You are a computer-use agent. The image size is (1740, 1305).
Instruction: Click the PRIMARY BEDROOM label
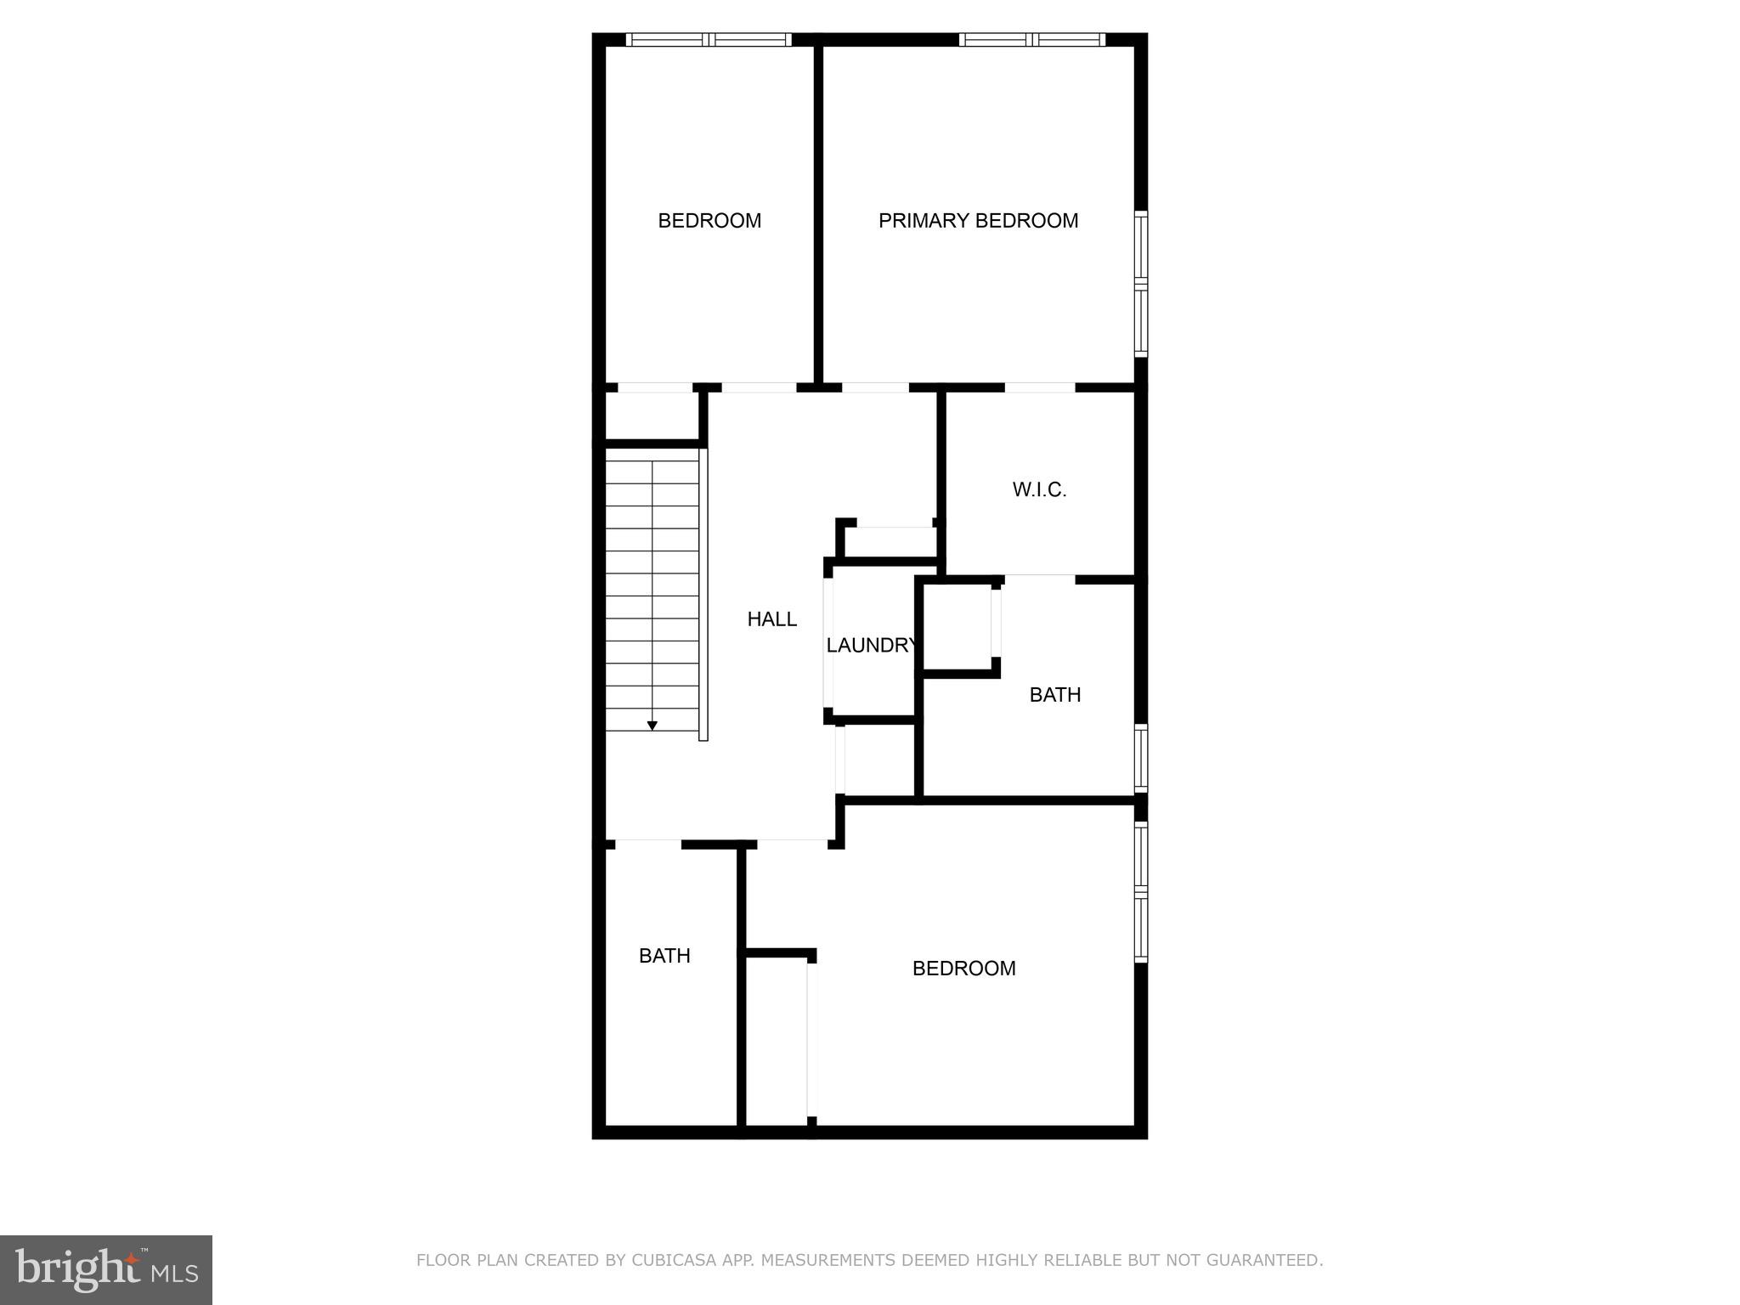pos(978,221)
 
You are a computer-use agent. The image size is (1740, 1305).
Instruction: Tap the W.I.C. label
pos(1039,490)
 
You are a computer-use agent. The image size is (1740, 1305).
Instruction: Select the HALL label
pos(771,619)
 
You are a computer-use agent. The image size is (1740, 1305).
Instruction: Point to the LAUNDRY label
pos(872,646)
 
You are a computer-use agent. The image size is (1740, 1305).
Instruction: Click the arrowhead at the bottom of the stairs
pos(652,726)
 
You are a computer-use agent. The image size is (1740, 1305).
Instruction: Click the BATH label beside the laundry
pos(1054,695)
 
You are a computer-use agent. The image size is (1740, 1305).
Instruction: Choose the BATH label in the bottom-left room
pos(664,956)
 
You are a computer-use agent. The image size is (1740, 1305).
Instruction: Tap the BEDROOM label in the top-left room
pos(709,221)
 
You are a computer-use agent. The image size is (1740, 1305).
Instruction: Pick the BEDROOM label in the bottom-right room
pos(963,969)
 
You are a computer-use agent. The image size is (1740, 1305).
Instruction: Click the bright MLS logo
pos(106,1269)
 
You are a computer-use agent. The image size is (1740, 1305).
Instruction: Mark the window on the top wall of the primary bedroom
pos(1032,39)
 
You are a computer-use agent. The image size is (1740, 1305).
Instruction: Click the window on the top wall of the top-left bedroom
pos(709,39)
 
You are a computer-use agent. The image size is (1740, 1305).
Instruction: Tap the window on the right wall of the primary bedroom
pos(1141,284)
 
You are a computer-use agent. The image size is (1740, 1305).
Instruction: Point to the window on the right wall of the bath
pos(1141,759)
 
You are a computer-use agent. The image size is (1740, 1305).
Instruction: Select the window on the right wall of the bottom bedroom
pos(1141,891)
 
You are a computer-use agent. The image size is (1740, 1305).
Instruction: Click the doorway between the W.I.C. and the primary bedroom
pos(1040,387)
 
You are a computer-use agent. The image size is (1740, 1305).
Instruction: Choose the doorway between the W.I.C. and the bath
pos(1040,579)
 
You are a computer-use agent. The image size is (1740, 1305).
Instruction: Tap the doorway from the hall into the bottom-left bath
pos(648,844)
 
